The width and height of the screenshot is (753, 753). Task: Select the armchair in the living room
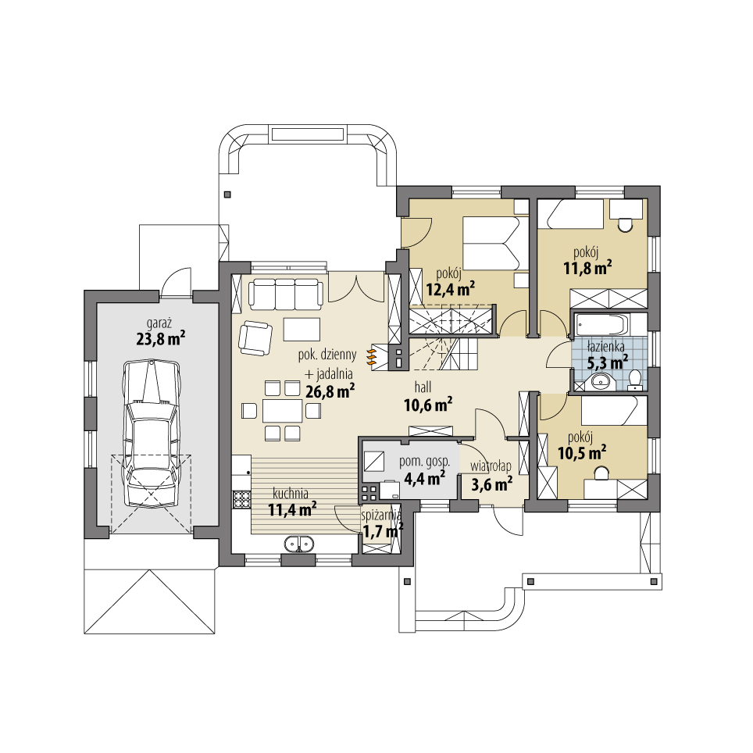pos(255,337)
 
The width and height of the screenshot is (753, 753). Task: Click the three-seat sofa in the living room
pos(286,293)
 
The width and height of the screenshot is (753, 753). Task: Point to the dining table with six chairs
pos(281,410)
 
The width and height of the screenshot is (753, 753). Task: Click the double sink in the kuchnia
pos(298,543)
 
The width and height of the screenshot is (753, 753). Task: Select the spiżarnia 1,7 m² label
pos(382,526)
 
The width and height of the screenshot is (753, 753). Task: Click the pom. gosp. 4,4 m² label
pos(422,469)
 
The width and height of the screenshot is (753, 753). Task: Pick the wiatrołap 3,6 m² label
pos(491,476)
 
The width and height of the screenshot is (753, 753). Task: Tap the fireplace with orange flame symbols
pos(373,355)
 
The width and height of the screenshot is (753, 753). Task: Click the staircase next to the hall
pos(449,336)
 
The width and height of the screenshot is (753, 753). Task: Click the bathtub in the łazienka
pos(599,325)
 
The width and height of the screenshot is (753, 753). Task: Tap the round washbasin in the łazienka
pos(600,380)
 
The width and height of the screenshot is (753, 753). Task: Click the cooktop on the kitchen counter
pos(240,497)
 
